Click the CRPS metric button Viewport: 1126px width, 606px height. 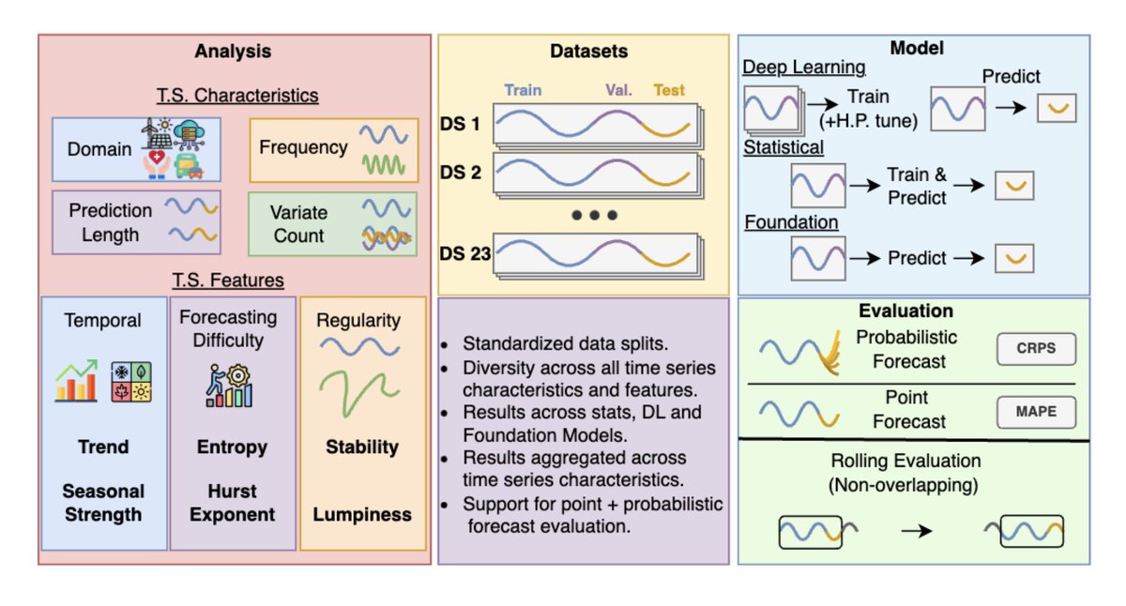point(1035,349)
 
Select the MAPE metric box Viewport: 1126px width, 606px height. point(1035,412)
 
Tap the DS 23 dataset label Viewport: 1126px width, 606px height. point(465,252)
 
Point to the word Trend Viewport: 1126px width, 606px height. point(104,447)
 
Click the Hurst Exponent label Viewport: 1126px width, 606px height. point(232,503)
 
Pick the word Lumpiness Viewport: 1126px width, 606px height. point(362,514)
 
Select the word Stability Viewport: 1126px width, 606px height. point(362,447)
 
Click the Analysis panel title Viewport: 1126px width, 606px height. point(233,51)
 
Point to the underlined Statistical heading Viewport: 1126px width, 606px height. point(784,147)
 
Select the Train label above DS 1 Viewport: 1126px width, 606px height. point(523,91)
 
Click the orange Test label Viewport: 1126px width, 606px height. point(669,91)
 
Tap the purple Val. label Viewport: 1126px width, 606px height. point(617,91)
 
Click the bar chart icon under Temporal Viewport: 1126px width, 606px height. point(76,381)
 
